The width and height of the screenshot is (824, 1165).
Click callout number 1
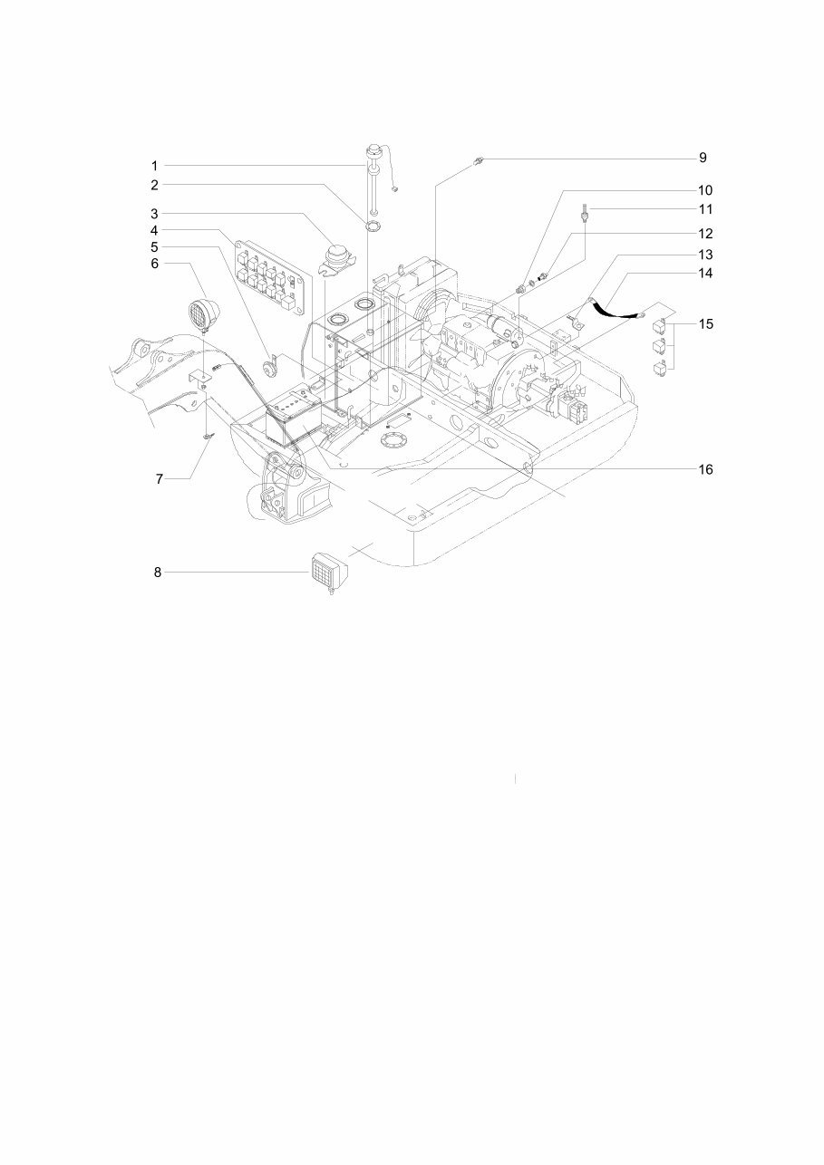pos(154,166)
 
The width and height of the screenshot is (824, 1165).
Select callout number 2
pos(154,185)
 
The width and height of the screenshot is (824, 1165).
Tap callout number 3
pos(154,214)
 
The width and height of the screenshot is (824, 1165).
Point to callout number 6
pos(154,263)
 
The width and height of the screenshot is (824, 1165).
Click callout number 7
pos(159,479)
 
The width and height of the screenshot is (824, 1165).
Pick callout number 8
pos(157,573)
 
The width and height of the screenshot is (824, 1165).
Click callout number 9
pos(703,158)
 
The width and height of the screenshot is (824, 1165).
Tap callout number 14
pos(704,273)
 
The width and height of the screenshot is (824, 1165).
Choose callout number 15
pos(704,323)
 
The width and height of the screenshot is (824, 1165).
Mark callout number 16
pos(704,469)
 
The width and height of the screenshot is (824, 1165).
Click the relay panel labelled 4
pos(266,275)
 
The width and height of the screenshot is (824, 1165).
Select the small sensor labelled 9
pos(478,162)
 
